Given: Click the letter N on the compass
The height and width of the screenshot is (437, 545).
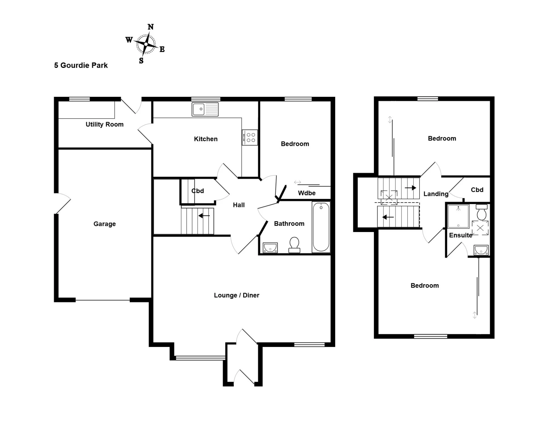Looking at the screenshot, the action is (x=151, y=27).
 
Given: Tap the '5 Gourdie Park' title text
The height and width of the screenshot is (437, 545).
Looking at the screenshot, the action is (x=81, y=65).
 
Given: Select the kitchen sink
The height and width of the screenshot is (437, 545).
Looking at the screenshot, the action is (x=205, y=109).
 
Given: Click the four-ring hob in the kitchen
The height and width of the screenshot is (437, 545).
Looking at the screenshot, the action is (x=250, y=137).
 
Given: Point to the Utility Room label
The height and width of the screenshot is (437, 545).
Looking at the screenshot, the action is (x=104, y=124).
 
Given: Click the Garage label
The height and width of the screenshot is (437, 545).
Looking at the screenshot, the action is (x=104, y=224).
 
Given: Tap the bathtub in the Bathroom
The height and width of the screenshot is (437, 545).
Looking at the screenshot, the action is (x=321, y=227).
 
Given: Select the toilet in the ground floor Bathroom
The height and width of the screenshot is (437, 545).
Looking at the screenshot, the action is (x=294, y=245).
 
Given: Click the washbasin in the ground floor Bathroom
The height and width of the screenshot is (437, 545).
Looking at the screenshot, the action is (x=270, y=248).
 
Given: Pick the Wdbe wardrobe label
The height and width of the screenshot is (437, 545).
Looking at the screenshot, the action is (x=307, y=193).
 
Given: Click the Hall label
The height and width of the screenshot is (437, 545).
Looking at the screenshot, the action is (x=239, y=205).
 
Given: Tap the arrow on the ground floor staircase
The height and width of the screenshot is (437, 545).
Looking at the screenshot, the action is (x=204, y=216).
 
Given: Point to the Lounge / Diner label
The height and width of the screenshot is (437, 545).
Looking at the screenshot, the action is (x=236, y=295).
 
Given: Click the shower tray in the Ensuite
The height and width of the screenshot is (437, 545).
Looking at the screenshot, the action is (x=458, y=216).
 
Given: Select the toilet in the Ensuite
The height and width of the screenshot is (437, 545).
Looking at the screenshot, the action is (x=482, y=212).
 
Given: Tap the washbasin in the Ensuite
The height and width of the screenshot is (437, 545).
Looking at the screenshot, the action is (x=481, y=250).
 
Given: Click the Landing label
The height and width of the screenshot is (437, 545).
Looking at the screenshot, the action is (x=436, y=194).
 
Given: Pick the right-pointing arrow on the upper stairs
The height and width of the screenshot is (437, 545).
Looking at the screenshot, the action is (x=410, y=188).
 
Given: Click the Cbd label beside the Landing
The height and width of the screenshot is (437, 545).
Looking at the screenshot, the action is (x=477, y=190).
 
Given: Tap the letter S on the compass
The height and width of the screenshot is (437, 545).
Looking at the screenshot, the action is (x=141, y=60).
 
